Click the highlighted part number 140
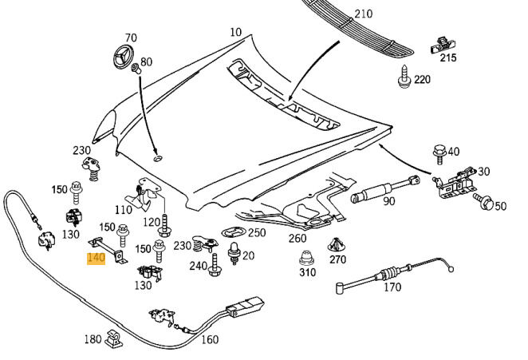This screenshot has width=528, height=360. (96, 259)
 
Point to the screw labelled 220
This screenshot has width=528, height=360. (404, 79)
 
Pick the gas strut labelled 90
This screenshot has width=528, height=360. (388, 188)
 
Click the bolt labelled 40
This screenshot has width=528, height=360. (438, 152)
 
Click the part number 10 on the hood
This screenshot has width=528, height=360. (235, 33)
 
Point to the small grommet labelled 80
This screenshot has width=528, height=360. (136, 70)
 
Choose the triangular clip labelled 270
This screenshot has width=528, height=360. (337, 245)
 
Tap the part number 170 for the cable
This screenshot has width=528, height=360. (392, 287)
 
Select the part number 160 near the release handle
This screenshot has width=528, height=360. (209, 339)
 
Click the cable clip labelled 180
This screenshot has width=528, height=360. (114, 341)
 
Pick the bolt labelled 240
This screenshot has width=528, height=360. (215, 266)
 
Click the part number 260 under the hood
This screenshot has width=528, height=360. (297, 238)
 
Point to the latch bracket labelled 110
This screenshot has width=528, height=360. (144, 194)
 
